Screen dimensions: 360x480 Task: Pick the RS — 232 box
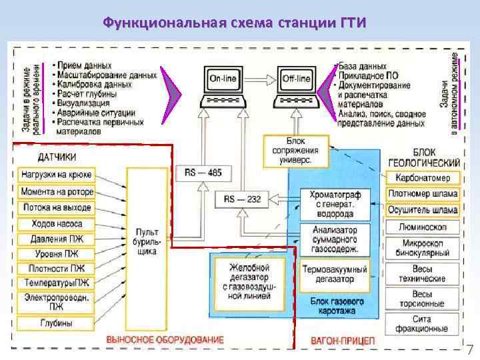(x=243, y=199)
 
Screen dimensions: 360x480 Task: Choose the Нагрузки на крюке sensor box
(x=57, y=175)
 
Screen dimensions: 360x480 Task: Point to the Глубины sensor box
(x=57, y=323)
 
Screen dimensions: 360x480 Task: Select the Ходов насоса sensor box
(x=57, y=224)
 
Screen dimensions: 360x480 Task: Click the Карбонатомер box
(x=423, y=178)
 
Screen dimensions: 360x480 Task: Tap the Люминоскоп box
(x=423, y=227)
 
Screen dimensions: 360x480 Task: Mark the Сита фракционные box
(x=423, y=324)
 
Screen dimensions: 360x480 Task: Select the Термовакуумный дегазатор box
(x=334, y=275)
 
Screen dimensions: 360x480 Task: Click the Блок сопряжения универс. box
(x=296, y=151)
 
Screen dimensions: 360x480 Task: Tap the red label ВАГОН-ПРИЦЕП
(x=343, y=341)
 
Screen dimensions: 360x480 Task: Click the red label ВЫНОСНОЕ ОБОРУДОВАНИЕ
(x=165, y=340)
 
